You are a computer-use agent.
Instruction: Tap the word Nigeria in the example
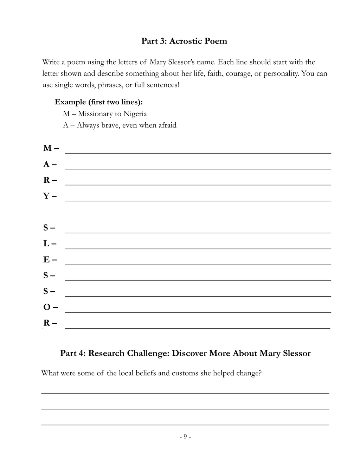tap(135, 114)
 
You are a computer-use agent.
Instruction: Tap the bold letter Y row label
tap(46, 196)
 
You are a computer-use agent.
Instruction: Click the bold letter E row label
tap(46, 260)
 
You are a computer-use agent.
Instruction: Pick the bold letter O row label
tap(47, 307)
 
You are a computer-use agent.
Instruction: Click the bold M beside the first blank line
tap(47, 148)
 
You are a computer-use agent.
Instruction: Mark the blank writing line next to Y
tap(198, 200)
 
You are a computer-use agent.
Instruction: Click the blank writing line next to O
tap(198, 312)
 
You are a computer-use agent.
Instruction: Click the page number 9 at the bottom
tap(185, 437)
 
